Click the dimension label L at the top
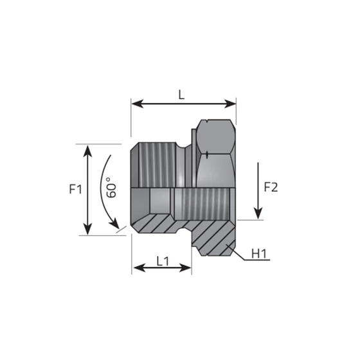(x=182, y=94)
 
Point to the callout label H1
(x=259, y=255)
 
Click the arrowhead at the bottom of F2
(x=257, y=213)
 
